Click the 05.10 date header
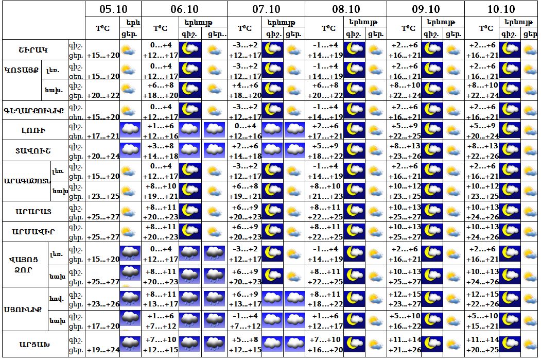(113, 9)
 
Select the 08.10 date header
(345, 9)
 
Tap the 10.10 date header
(501, 9)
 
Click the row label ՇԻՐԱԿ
(33, 50)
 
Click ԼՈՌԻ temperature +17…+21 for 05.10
(102, 135)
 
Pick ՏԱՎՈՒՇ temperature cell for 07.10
(245, 151)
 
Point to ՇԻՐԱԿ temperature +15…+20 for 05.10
(102, 55)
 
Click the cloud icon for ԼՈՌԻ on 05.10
(130, 130)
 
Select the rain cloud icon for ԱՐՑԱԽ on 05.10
(130, 344)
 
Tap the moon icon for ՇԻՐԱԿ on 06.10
(190, 50)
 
